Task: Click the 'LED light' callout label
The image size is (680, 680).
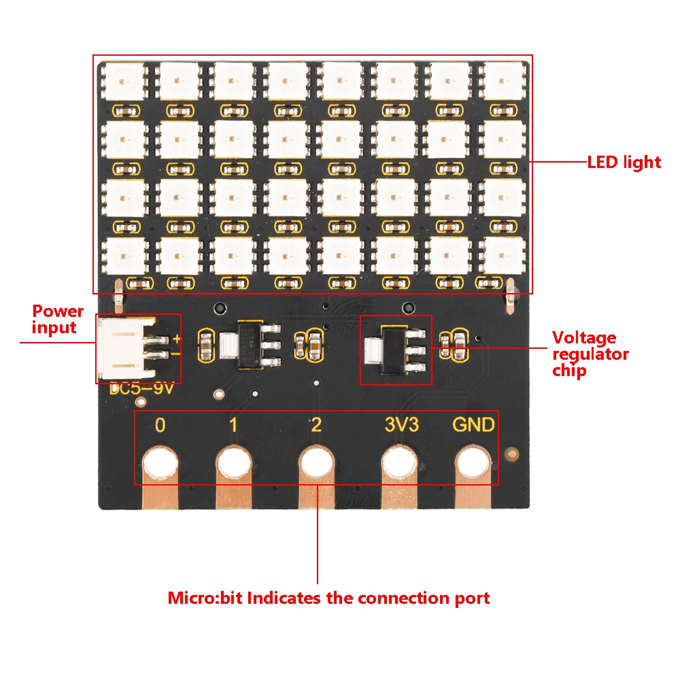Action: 624,162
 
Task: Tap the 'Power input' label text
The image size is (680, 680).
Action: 58,320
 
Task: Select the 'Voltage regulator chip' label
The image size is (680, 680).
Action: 590,354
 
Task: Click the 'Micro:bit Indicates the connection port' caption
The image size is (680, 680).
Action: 328,598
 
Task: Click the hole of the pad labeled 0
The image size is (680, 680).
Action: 160,465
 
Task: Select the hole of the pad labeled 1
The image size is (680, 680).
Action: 234,465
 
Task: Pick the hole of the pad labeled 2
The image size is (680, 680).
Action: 317,465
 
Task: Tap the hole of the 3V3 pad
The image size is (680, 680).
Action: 399,465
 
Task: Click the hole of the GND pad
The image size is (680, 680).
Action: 474,465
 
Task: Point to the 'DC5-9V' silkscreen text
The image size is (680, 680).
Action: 142,390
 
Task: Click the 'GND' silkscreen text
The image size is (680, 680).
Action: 474,426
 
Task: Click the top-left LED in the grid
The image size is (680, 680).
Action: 124,82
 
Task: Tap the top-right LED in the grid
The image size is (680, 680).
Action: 503,82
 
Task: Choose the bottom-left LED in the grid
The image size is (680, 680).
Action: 124,256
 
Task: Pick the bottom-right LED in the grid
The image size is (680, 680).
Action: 503,256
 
